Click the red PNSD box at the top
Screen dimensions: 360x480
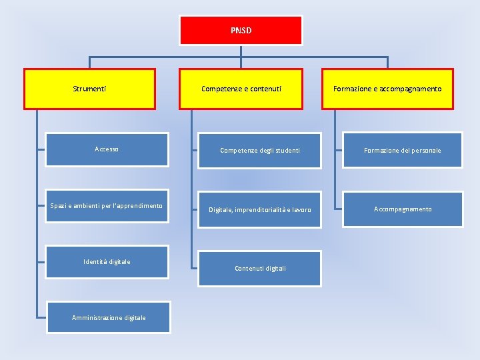pyautogui.click(x=241, y=31)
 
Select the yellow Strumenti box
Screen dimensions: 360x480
pyautogui.click(x=89, y=89)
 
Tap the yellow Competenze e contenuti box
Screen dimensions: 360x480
pyautogui.click(x=241, y=89)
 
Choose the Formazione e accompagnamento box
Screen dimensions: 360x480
pyautogui.click(x=387, y=89)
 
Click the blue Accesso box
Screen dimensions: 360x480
pyautogui.click(x=107, y=149)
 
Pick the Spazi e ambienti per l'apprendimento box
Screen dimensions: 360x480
pyautogui.click(x=107, y=209)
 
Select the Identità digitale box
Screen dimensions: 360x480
pyautogui.click(x=107, y=261)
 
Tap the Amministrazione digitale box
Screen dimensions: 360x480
pyautogui.click(x=109, y=317)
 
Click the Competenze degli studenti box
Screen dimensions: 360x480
pyautogui.click(x=259, y=150)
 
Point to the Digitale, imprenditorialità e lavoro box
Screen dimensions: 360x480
pyautogui.click(x=259, y=209)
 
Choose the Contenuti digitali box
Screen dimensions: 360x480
pyautogui.click(x=260, y=269)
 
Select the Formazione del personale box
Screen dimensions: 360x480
pyautogui.click(x=402, y=150)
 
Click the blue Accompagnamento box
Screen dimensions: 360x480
pyautogui.click(x=402, y=209)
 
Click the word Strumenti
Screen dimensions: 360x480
pyautogui.click(x=89, y=89)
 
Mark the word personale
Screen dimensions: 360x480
pyautogui.click(x=426, y=151)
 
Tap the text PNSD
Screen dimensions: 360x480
pyautogui.click(x=241, y=31)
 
